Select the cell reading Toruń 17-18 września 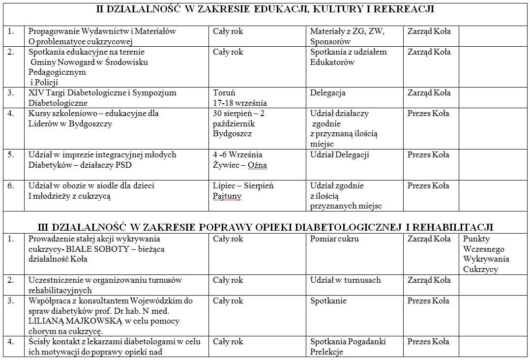(240, 97)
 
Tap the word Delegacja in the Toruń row (327, 92)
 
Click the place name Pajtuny (227, 196)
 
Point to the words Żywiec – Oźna (240, 165)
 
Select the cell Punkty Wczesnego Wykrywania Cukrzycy (486, 254)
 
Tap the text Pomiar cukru (334, 239)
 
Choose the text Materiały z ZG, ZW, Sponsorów (347, 36)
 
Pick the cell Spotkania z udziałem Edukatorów (348, 57)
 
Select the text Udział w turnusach (345, 280)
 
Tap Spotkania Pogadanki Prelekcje (348, 346)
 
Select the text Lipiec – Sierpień (243, 186)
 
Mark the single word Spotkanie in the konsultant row (328, 300)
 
